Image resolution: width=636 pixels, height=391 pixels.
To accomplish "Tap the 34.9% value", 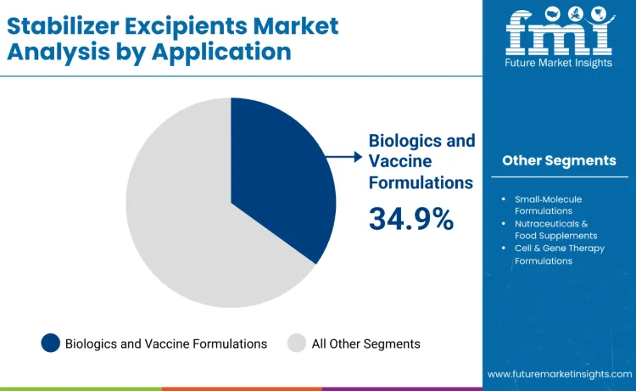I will pyautogui.click(x=411, y=219).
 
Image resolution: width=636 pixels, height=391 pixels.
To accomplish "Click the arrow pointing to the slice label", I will pyautogui.click(x=343, y=157).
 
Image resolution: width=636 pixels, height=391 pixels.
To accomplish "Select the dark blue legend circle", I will pyautogui.click(x=51, y=343).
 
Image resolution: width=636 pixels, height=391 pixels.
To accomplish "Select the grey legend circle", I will pyautogui.click(x=297, y=343).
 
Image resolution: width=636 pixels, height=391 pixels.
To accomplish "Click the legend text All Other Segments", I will pyautogui.click(x=365, y=344).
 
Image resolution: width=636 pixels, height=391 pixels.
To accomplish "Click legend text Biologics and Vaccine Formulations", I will pyautogui.click(x=166, y=344).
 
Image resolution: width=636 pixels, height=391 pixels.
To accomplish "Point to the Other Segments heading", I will pyautogui.click(x=559, y=160).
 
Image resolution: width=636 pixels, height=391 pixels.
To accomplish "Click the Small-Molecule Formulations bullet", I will pyautogui.click(x=547, y=204).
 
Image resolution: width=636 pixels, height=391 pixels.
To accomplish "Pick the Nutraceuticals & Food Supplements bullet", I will pyautogui.click(x=555, y=229).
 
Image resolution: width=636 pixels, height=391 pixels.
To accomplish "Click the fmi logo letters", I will pyautogui.click(x=559, y=35).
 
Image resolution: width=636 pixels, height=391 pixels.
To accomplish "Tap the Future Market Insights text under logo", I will pyautogui.click(x=559, y=64).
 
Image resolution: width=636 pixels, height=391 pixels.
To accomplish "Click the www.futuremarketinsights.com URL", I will pyautogui.click(x=559, y=373).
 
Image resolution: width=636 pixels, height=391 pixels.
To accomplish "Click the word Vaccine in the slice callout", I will pyautogui.click(x=400, y=161).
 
